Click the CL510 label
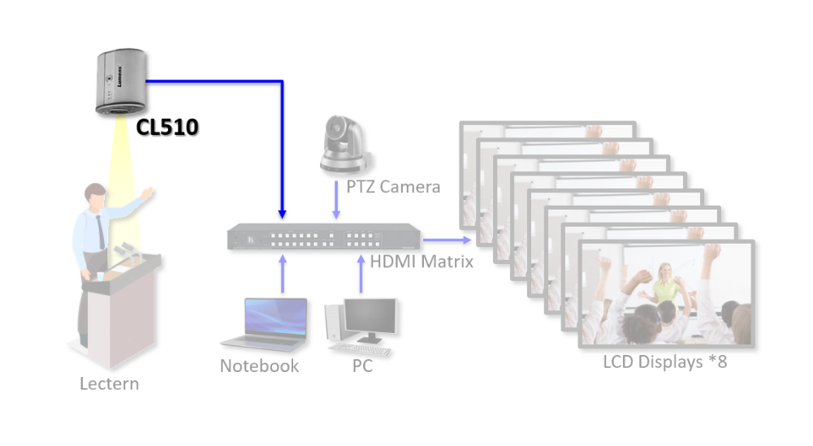tap(167, 127)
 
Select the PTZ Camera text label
tap(393, 187)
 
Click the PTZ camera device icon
tap(346, 145)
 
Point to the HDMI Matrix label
tap(422, 262)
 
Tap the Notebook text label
tap(259, 366)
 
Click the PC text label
tap(362, 366)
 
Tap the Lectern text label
tap(109, 383)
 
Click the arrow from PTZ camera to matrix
tap(336, 199)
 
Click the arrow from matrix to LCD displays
tap(448, 240)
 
